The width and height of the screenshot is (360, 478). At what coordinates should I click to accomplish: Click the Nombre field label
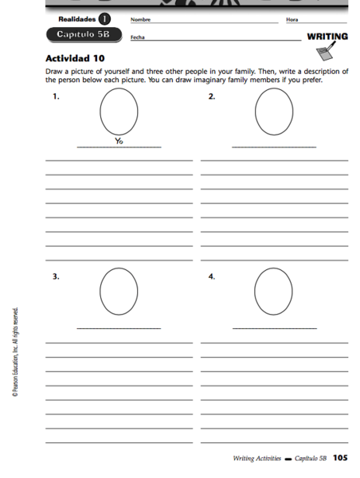(x=140, y=19)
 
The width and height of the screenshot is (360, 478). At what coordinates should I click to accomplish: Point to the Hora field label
(x=291, y=19)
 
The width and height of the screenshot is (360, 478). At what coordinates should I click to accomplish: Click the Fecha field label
(x=138, y=37)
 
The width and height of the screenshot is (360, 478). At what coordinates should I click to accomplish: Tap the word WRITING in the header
(x=327, y=37)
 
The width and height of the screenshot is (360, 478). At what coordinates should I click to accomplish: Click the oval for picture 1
(x=119, y=112)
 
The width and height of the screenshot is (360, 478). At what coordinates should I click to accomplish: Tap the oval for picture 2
(x=274, y=112)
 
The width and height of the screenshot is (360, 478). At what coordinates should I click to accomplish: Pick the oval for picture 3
(x=119, y=292)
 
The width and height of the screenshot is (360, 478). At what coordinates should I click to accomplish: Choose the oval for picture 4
(x=274, y=292)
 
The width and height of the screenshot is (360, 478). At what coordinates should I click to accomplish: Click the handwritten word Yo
(x=119, y=141)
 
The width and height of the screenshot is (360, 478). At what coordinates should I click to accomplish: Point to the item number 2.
(x=211, y=96)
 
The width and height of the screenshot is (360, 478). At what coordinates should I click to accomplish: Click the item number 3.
(x=56, y=276)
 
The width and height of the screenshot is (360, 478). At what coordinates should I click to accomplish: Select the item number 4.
(x=211, y=276)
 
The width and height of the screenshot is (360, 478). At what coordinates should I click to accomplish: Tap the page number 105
(x=340, y=458)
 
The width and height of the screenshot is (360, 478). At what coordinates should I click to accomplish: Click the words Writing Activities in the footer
(x=256, y=459)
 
